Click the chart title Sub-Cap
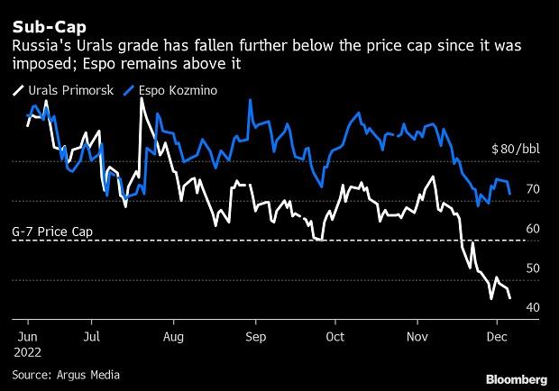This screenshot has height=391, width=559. point(50,27)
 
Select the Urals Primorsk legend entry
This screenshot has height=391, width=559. point(63,90)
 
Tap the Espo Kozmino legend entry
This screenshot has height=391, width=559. point(170,90)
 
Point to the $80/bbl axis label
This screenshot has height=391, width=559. point(516,149)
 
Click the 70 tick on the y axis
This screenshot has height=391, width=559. point(533,189)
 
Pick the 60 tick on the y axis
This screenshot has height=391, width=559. point(533,229)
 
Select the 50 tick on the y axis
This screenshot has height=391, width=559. point(533,268)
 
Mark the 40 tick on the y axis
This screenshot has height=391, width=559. point(533,307)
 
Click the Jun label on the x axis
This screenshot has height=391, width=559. point(27,337)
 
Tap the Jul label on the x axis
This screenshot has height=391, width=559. point(92,337)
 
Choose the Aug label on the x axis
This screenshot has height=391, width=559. point(173,337)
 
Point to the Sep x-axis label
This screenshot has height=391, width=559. point(256,337)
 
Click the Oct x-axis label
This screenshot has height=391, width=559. point(335,337)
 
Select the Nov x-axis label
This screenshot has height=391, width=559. point(417,337)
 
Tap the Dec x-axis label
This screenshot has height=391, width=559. point(497,337)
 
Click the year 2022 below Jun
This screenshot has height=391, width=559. point(27,352)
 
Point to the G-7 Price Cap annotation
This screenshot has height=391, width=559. point(52,232)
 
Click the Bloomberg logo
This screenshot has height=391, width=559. point(517,379)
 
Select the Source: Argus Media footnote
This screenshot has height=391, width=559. point(66,375)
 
